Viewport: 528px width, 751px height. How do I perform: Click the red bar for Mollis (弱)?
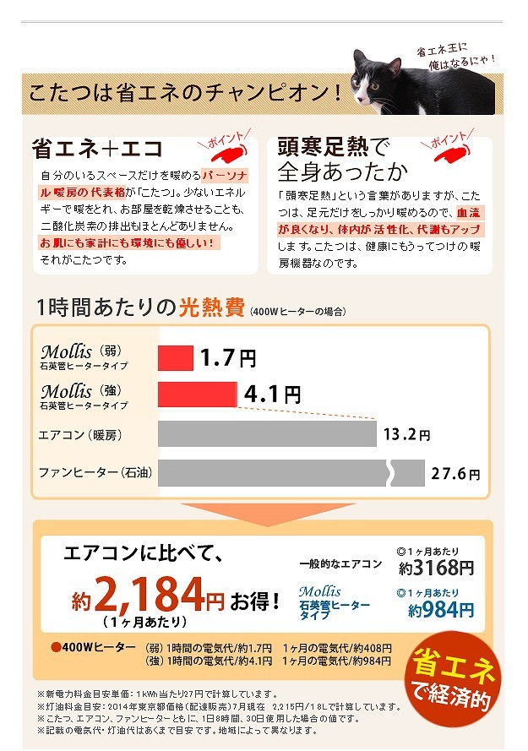176,358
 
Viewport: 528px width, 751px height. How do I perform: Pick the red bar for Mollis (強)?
198,394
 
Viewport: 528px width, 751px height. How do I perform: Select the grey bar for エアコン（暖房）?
267,434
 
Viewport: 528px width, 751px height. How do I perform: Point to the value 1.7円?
227,358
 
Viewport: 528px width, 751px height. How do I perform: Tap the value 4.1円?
272,394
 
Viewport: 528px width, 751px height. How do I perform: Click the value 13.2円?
406,435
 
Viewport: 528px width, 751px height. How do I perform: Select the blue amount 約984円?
441,609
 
